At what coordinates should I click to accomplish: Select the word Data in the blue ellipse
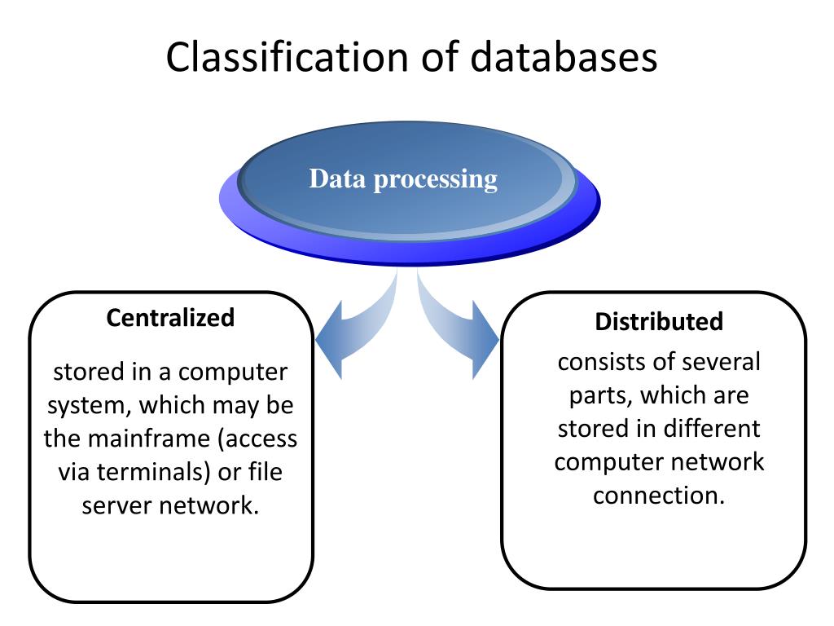point(338,179)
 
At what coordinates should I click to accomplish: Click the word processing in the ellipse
point(436,180)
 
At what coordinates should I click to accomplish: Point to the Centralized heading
point(170,318)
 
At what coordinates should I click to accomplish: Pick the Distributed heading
point(659,321)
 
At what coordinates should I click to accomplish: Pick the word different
point(712,429)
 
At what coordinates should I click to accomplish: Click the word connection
point(659,496)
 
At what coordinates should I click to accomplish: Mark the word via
point(74,472)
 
